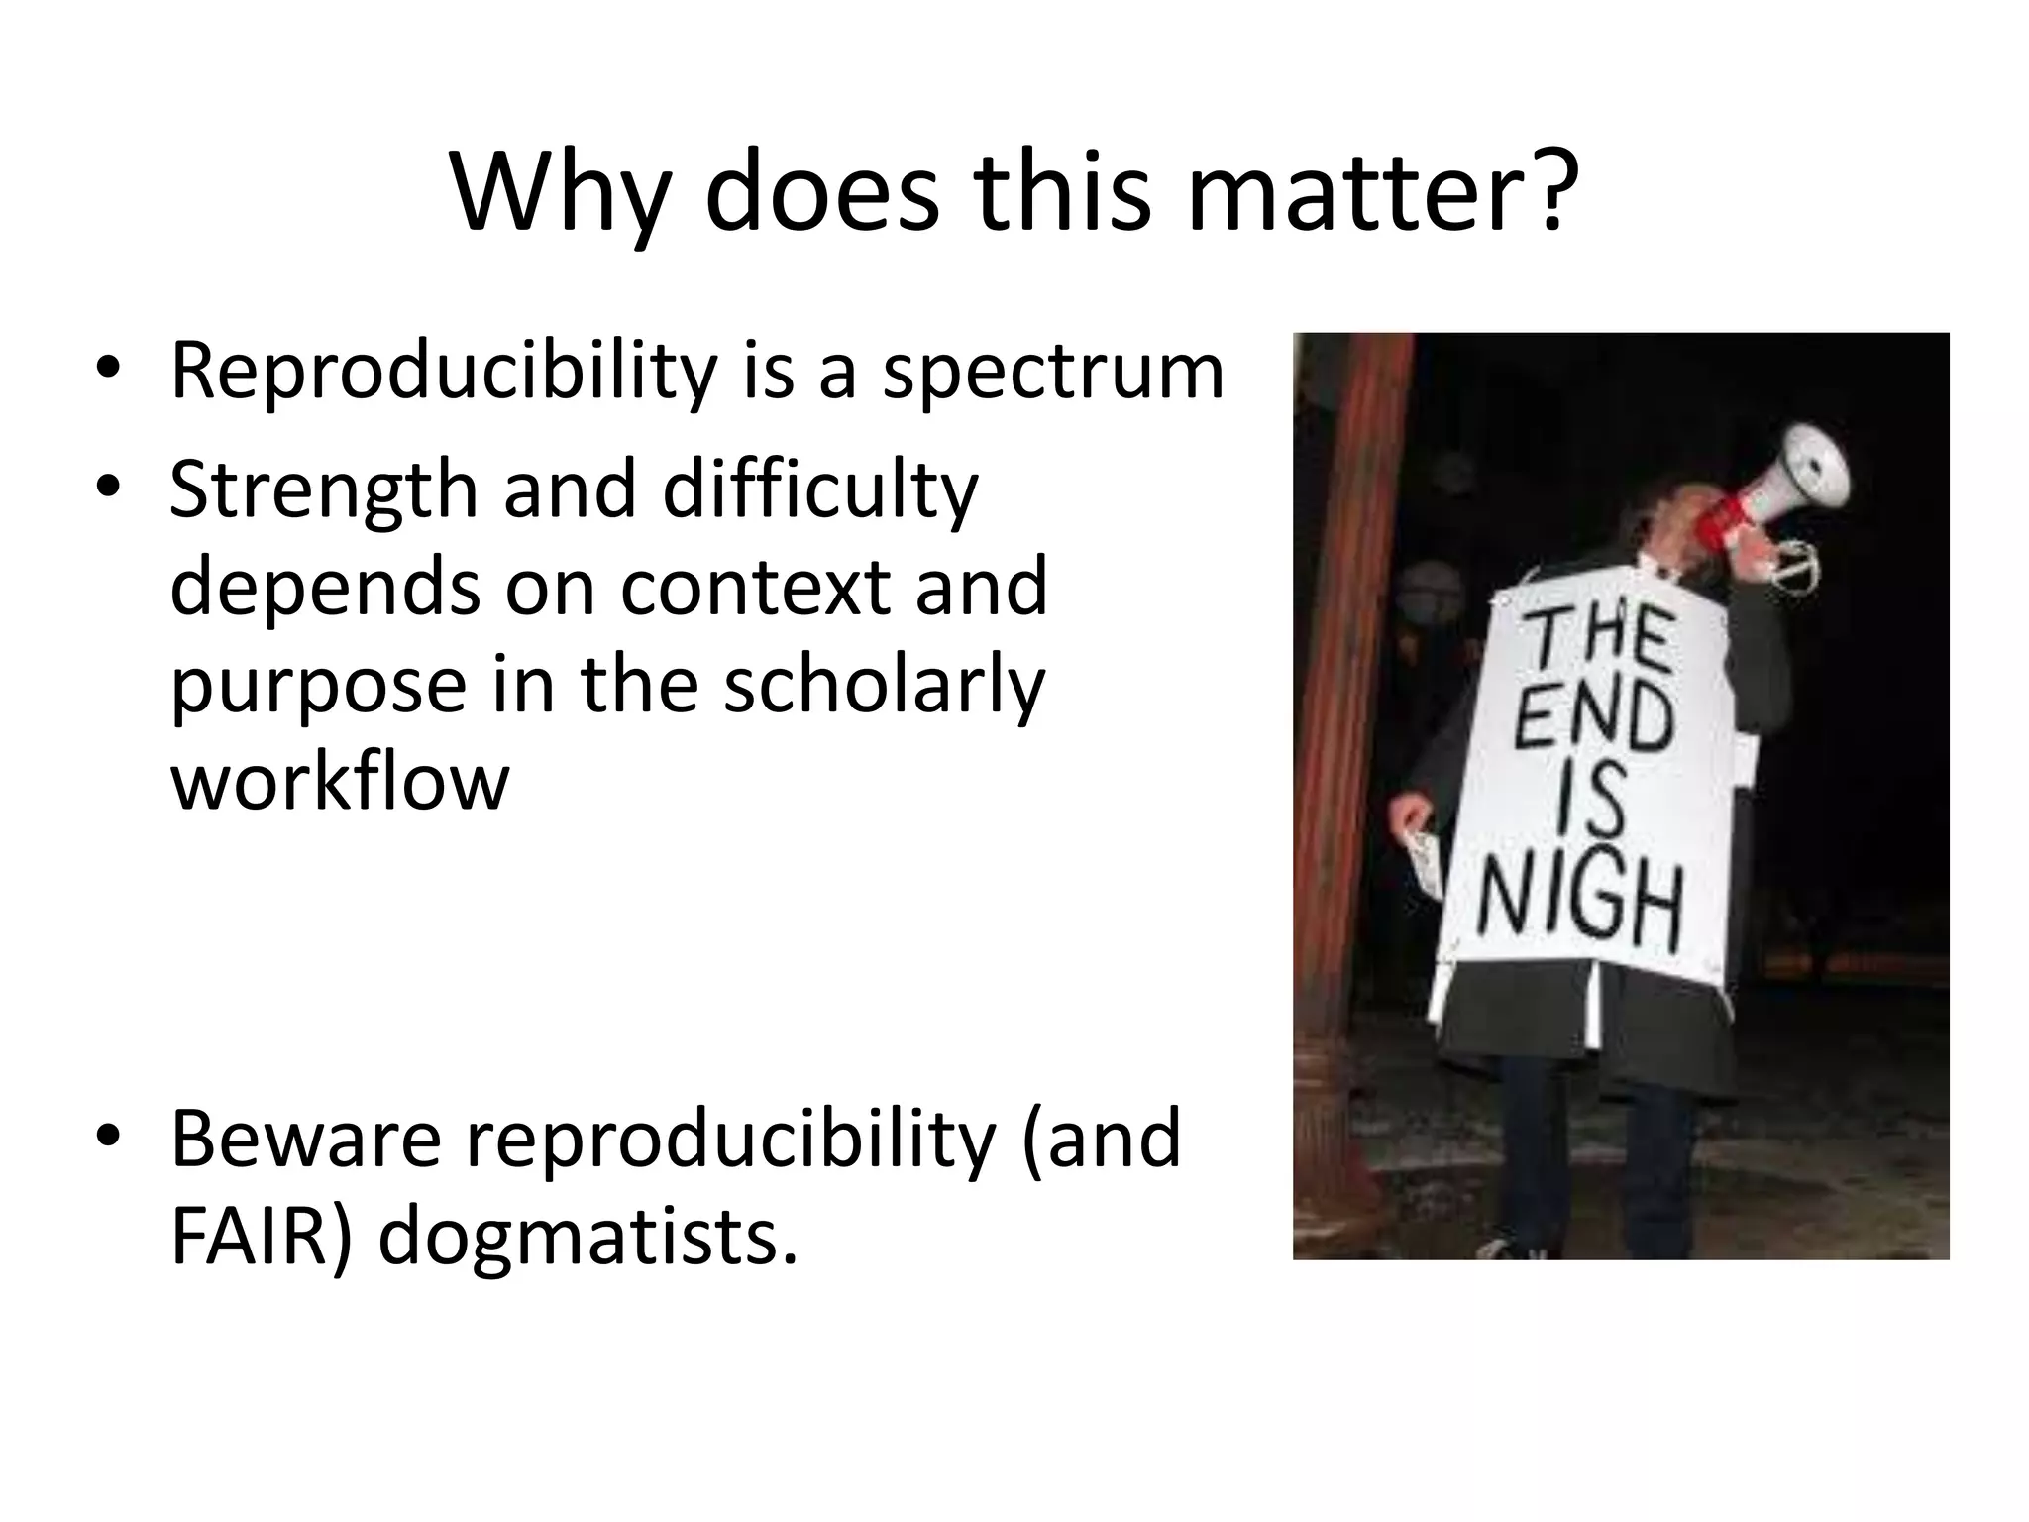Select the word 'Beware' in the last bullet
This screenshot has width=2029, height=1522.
point(305,1140)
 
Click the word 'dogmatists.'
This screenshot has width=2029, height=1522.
point(587,1239)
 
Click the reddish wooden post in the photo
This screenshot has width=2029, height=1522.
point(1337,694)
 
